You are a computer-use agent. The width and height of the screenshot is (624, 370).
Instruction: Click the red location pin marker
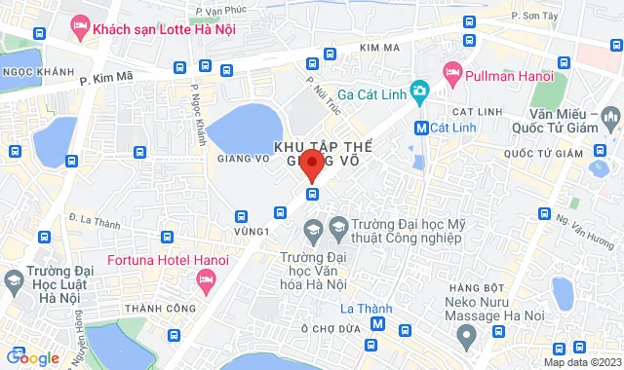[x=312, y=165]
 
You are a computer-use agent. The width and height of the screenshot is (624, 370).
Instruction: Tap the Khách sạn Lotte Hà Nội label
[x=166, y=29]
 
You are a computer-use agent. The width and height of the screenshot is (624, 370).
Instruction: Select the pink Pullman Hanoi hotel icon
[x=451, y=72]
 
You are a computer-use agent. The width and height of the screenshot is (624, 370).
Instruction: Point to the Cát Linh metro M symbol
[x=421, y=127]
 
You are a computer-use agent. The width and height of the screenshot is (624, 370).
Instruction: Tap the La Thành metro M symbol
[x=378, y=325]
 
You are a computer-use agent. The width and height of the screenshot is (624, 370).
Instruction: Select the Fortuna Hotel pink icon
[x=205, y=281]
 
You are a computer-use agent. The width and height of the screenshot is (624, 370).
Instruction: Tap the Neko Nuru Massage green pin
[x=466, y=334]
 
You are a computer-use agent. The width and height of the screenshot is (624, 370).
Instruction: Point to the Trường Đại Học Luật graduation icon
[x=14, y=283]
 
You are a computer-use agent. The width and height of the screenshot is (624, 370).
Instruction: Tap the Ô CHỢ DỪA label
[x=331, y=328]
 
